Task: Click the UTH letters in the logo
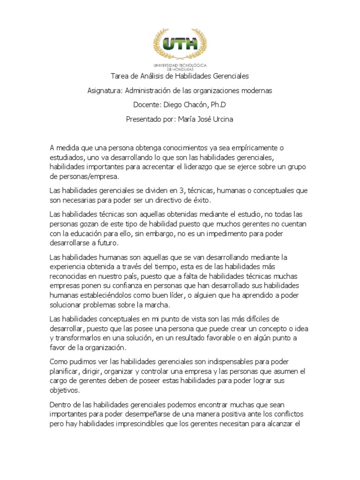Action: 180,44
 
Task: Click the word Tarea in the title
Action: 120,76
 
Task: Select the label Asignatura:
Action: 105,90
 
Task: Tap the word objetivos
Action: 64,390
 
